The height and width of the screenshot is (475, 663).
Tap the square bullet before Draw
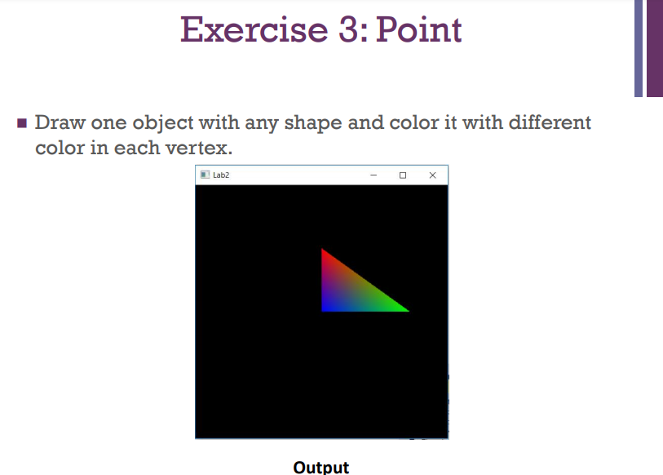point(22,125)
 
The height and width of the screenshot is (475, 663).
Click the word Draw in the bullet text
point(60,123)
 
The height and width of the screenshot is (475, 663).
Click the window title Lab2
point(221,175)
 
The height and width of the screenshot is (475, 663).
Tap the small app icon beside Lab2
point(204,175)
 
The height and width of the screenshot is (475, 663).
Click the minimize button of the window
point(373,175)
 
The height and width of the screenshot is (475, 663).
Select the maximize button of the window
point(403,175)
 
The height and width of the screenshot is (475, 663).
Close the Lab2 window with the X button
point(432,175)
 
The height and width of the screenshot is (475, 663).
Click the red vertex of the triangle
point(324,251)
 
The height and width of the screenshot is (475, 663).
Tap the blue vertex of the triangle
point(325,309)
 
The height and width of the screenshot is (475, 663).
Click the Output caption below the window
point(320,467)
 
